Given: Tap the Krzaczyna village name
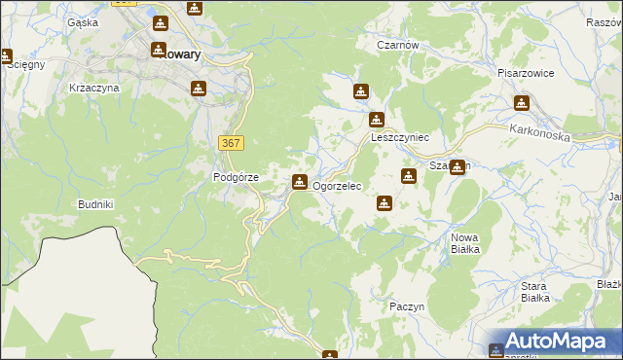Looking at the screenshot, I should tap(94, 88).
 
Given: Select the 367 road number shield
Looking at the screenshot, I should tap(231, 143).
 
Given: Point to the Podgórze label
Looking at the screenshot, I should tap(236, 177).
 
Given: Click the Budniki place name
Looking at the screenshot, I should tap(96, 204).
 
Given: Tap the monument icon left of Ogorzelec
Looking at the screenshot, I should tap(300, 181).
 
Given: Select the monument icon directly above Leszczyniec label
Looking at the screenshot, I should tap(377, 121).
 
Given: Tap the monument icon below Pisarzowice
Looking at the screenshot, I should tap(523, 102).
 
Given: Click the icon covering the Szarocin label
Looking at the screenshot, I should tap(457, 166).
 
